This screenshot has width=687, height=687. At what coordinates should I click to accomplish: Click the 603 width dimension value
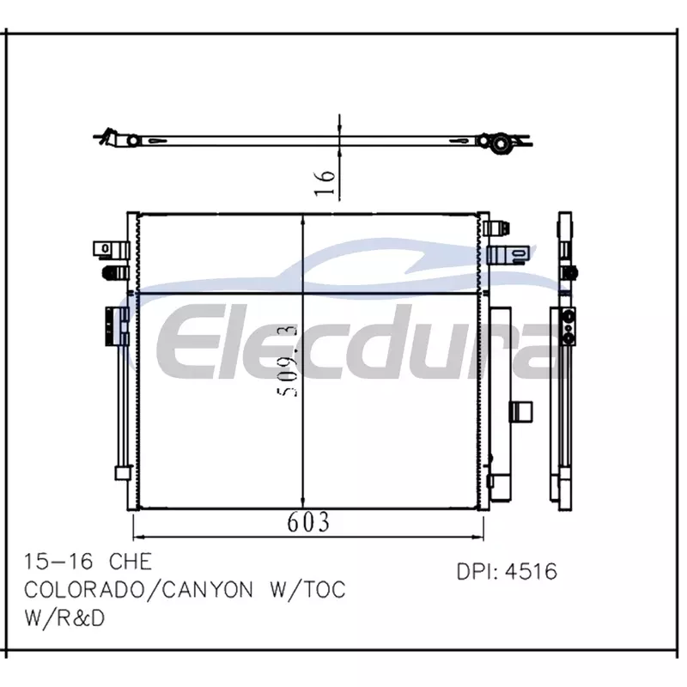(x=308, y=522)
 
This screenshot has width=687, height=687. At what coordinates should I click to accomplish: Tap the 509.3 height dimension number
(x=288, y=361)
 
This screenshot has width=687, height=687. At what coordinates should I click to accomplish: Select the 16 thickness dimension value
(x=325, y=182)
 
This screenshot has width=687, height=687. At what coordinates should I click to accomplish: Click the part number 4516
(x=531, y=571)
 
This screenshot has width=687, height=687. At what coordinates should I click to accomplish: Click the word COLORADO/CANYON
(x=138, y=590)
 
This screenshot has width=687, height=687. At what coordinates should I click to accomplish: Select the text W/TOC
(x=308, y=590)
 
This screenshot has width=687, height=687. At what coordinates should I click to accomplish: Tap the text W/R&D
(x=64, y=618)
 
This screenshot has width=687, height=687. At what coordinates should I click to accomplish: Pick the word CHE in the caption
(x=131, y=562)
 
